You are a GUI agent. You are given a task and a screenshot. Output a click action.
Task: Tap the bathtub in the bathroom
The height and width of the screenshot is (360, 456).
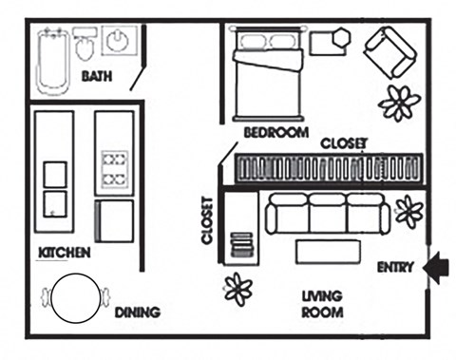coord(52,61)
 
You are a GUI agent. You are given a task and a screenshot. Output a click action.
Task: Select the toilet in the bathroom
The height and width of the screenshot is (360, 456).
coord(85,46)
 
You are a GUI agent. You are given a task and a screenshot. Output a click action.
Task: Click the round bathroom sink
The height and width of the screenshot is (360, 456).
coord(119,42)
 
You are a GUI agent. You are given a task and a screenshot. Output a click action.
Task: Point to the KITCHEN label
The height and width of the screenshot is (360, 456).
coord(64,253)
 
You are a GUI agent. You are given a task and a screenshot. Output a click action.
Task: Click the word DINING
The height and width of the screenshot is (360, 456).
coord(137,313)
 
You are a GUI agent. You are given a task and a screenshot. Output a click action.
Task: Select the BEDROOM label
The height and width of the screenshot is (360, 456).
coord(275,133)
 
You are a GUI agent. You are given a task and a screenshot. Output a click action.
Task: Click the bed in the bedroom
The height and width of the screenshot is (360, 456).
coord(270,76)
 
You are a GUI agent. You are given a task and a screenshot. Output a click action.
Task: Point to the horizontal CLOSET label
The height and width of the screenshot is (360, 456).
coord(344,144)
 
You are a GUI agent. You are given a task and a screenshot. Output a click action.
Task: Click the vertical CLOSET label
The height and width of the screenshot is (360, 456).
coord(206,221)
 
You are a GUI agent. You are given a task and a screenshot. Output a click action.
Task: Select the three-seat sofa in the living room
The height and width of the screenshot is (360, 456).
coord(324,214)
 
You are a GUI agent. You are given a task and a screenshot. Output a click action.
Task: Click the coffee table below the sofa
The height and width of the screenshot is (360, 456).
coord(330,252)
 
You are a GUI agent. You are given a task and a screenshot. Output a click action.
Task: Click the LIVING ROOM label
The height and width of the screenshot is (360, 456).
coord(322,303)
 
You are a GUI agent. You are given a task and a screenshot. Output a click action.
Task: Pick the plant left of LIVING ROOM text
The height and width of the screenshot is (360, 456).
coord(237,287)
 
